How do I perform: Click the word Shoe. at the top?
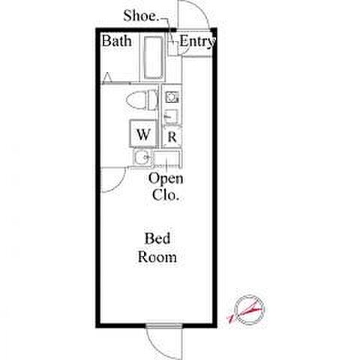[141, 16]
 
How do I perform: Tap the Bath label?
[117, 40]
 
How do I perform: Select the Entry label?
[197, 41]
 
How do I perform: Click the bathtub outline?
[153, 58]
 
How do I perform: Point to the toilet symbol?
[142, 100]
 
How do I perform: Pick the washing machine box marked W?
[143, 133]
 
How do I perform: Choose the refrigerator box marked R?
[172, 137]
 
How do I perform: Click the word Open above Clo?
[166, 178]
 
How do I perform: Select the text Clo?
[166, 195]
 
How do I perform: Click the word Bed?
[157, 238]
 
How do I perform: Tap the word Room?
[157, 257]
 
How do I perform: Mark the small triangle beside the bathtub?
[107, 77]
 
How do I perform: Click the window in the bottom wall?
[163, 325]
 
